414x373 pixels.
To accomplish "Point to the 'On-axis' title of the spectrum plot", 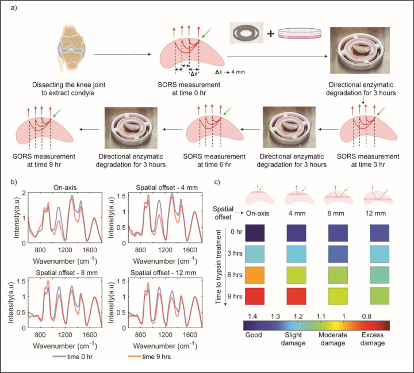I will click(63, 186).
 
